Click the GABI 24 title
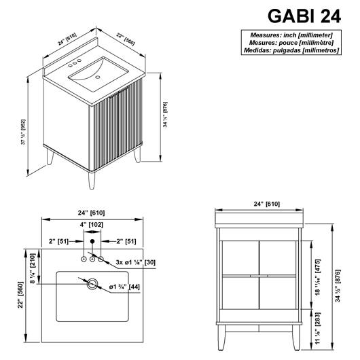coord(304,16)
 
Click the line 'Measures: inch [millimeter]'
coord(291,35)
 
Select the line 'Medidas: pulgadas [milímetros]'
coord(291,50)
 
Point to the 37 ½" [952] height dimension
coord(24,132)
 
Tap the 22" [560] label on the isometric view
coord(126,39)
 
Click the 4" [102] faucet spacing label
coord(92,225)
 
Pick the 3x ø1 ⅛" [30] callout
coord(135,262)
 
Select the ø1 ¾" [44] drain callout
coord(124,287)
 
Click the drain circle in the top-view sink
coord(92,284)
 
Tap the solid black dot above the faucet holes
coord(92,241)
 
